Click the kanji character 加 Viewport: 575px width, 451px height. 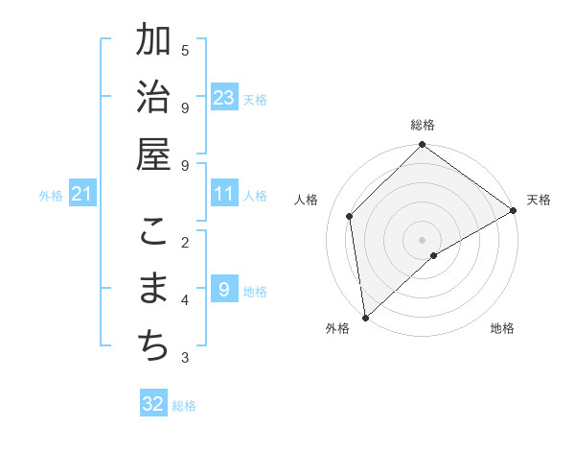coord(153,42)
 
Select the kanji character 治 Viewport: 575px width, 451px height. coord(153,99)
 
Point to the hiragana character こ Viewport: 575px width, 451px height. coord(153,233)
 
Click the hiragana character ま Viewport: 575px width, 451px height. coord(153,290)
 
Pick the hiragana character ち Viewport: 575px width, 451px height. coord(153,346)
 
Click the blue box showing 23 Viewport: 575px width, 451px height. coord(224,98)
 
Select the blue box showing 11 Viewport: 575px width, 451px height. coord(224,194)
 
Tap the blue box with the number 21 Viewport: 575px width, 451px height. coord(82,195)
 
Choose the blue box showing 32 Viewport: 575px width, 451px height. coord(153,404)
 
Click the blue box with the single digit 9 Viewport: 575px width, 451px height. coord(224,290)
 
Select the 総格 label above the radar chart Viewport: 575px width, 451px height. coord(423,126)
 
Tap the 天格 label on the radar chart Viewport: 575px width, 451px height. coord(539,200)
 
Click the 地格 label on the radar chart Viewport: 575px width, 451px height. coord(502,328)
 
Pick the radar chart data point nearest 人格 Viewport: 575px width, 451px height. coord(350,216)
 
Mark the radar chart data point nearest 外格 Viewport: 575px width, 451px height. coord(365,318)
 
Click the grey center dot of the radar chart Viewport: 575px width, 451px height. coord(423,240)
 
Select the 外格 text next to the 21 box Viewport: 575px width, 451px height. coord(51,196)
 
